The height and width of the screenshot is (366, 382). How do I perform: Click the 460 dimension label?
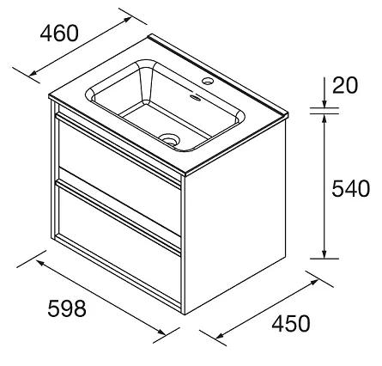coord(59,33)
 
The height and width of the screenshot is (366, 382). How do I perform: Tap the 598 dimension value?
coord(67,308)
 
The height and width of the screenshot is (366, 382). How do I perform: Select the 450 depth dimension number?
coord(291,324)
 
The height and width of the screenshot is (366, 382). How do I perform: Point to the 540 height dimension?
coord(351,188)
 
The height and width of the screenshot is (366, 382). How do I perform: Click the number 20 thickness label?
coord(345,85)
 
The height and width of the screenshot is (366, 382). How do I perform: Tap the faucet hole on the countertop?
coord(207,81)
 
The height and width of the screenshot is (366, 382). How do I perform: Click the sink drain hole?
coord(169,140)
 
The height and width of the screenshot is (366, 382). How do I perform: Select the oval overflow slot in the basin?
coord(196,98)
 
